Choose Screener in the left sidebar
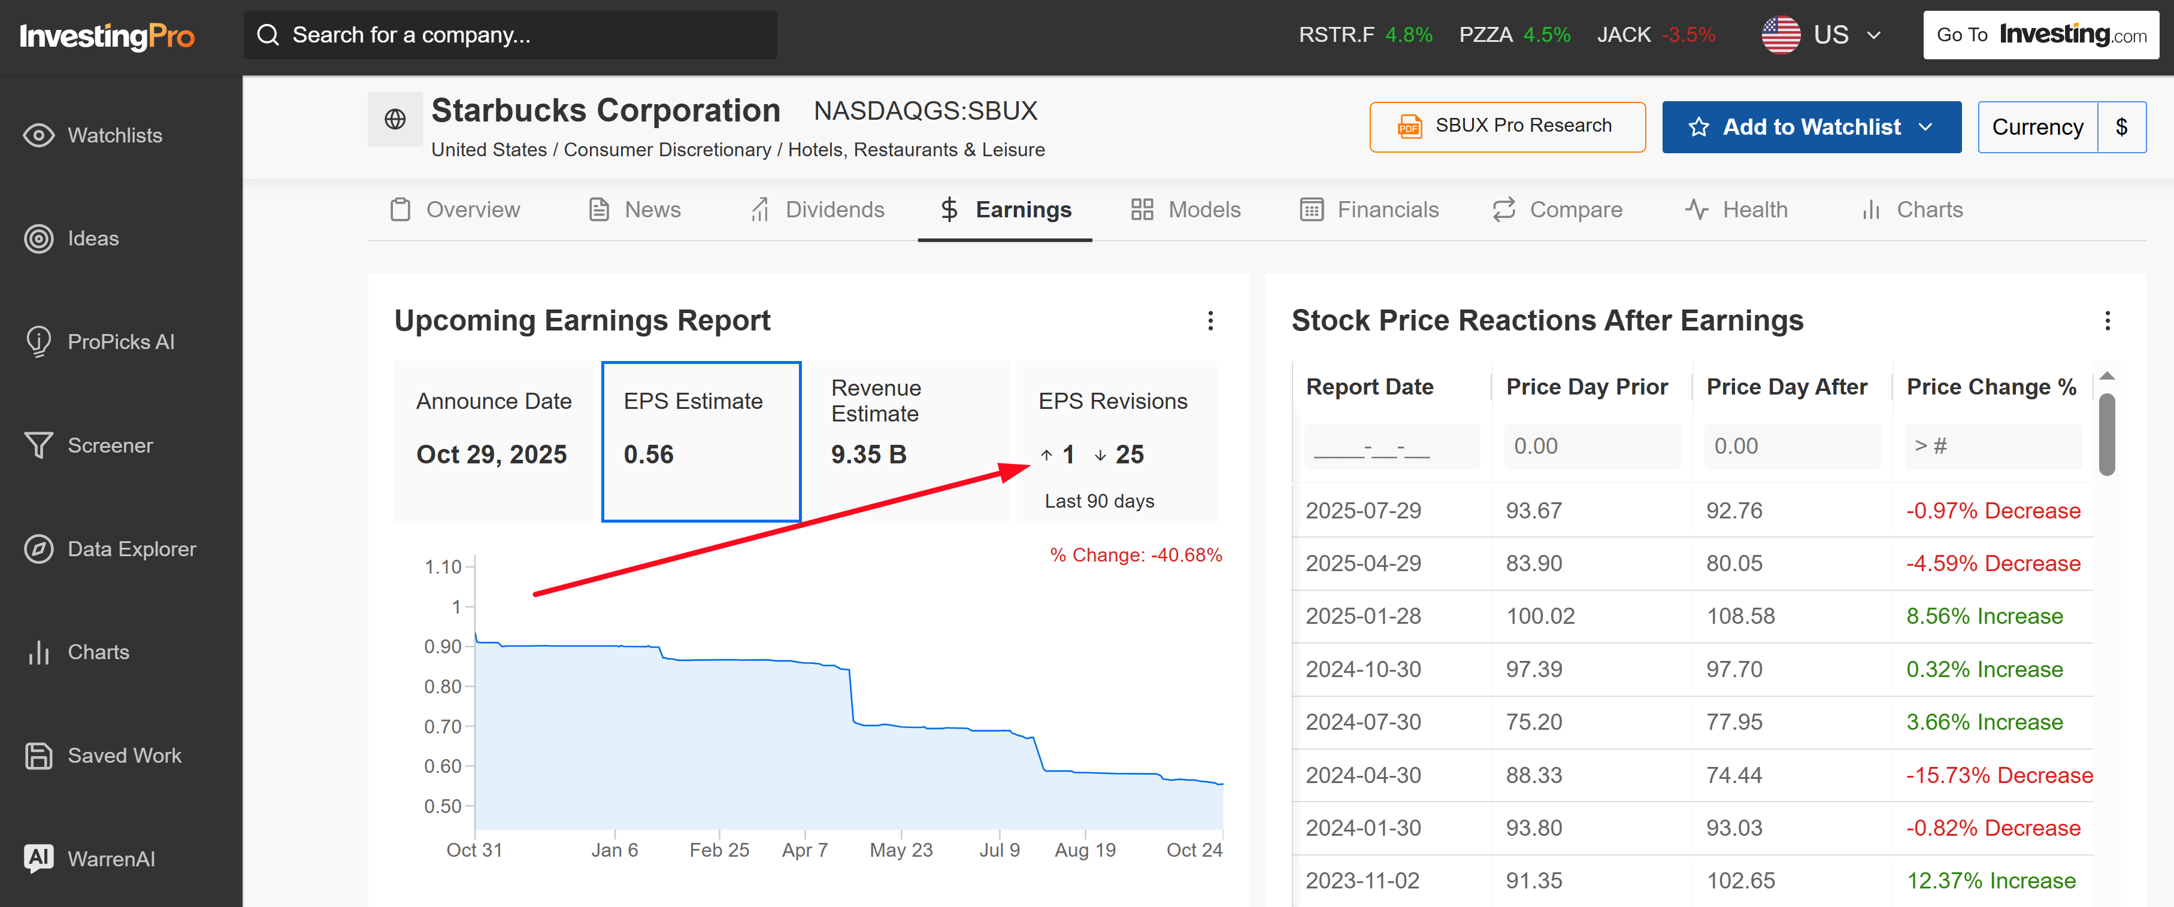pos(110,445)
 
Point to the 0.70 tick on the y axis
pos(443,726)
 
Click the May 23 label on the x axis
pos(901,850)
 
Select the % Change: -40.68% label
pos(1135,555)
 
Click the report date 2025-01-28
pos(1363,616)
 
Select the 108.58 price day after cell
pos(1740,616)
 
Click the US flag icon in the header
pos(1781,35)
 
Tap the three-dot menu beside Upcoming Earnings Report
pos(1210,321)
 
